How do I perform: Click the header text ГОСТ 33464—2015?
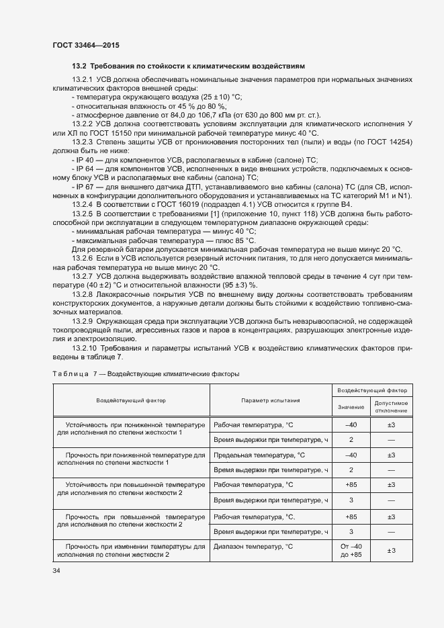coord(87,45)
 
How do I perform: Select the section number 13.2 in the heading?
coord(79,66)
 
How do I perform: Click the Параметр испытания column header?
coord(270,400)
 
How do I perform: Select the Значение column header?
coord(351,407)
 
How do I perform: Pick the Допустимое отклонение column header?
coord(391,407)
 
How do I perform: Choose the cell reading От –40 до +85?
coord(351,551)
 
